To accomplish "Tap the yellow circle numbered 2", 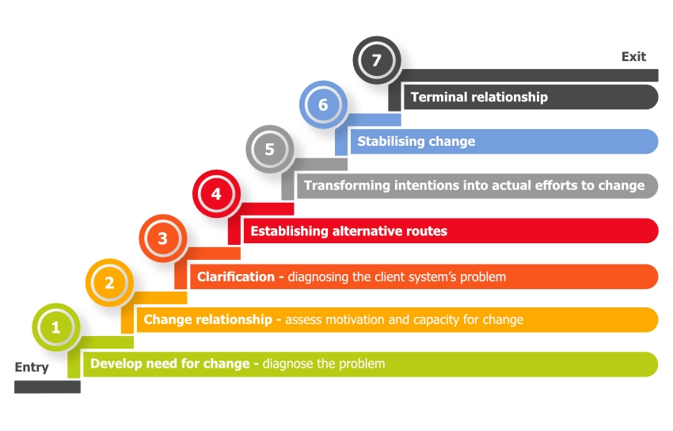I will coord(109,282).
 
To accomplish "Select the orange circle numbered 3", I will coord(162,238).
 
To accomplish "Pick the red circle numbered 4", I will coord(216,193).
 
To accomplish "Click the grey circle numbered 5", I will coord(269,149).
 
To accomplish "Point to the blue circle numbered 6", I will coord(323,105).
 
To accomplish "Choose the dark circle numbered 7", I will coord(376,60).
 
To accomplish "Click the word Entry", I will coord(32,367).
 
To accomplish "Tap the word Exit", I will coord(633,56).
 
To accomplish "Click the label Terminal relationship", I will coord(478,97).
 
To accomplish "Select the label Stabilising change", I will coord(416,142).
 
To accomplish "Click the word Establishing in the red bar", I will coord(287,231).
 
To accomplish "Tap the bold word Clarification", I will coord(236,277).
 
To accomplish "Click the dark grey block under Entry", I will coord(47,387).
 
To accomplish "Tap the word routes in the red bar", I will coord(428,231).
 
